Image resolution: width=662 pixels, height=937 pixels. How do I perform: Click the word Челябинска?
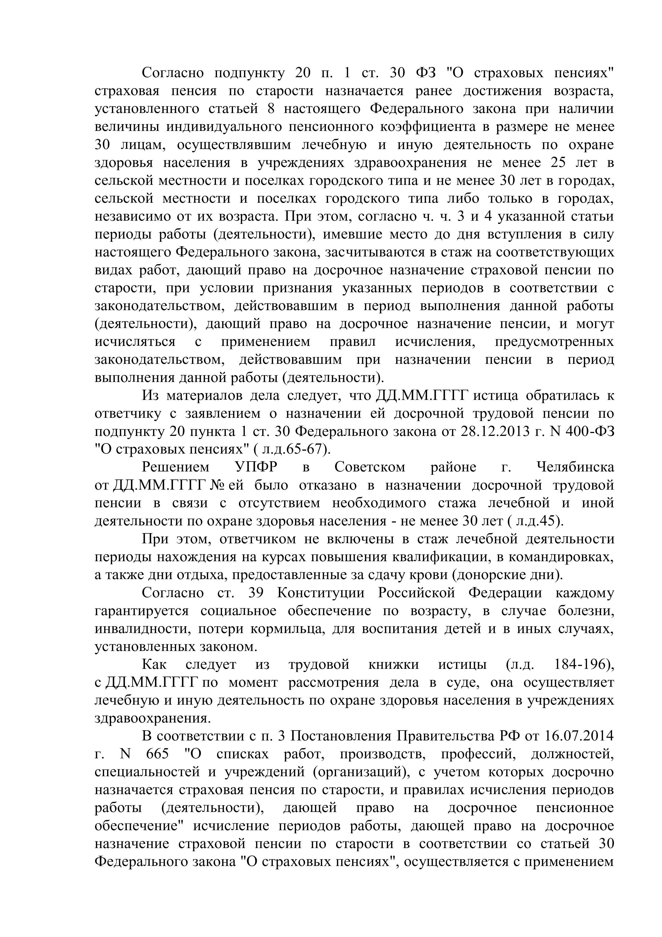pos(575,467)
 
